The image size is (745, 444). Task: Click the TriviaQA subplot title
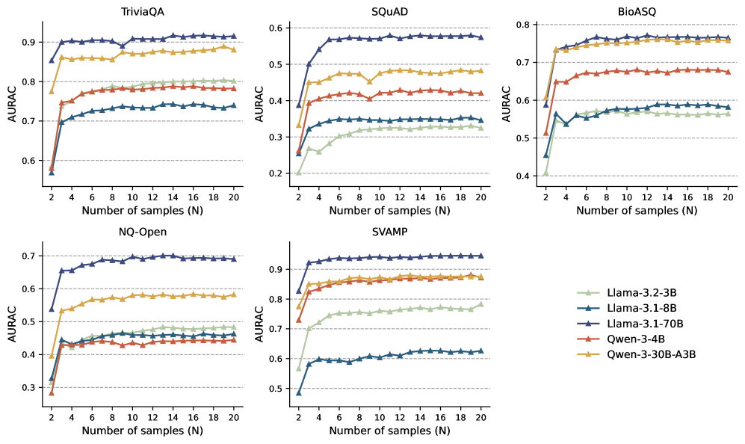pos(142,13)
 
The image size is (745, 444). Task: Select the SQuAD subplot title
pos(389,13)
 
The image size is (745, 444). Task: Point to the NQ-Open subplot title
pos(142,232)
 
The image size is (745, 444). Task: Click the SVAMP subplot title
pos(389,232)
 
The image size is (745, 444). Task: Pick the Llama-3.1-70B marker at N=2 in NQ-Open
pos(52,309)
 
